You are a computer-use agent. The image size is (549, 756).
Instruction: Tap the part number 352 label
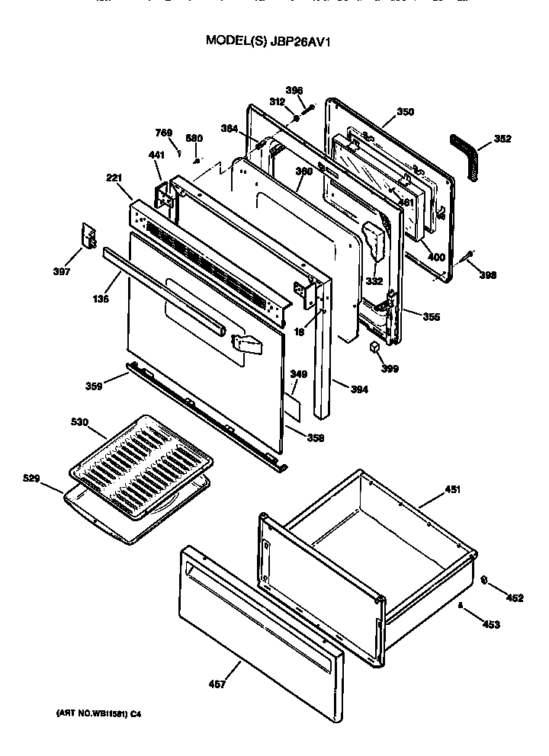[x=502, y=139]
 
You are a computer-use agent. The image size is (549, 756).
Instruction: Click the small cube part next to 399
[x=374, y=347]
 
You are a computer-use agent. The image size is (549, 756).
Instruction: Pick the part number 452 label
[x=515, y=598]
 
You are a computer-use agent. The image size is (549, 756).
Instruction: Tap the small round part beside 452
[x=486, y=581]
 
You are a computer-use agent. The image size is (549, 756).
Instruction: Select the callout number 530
[x=80, y=421]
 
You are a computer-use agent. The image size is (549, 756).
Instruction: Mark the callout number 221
[x=114, y=178]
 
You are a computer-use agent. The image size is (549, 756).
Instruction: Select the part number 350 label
[x=405, y=112]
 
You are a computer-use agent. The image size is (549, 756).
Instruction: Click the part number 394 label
[x=359, y=390]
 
